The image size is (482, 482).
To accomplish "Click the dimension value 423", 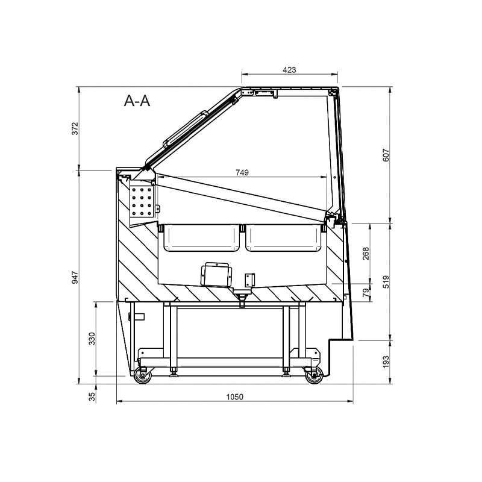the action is click(x=289, y=70).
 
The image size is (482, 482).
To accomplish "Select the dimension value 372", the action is click(x=75, y=128).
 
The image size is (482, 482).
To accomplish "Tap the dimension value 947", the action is click(x=75, y=277).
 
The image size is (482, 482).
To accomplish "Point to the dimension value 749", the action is click(x=242, y=172).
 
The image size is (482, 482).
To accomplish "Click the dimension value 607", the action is click(x=386, y=155).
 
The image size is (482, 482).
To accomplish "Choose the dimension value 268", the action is click(x=366, y=253).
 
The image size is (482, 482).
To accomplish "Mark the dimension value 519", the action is click(x=386, y=281).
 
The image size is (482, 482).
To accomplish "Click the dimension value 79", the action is click(x=366, y=293).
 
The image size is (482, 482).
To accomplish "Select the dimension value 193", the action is click(x=386, y=362).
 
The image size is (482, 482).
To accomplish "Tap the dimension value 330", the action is click(x=92, y=339).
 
